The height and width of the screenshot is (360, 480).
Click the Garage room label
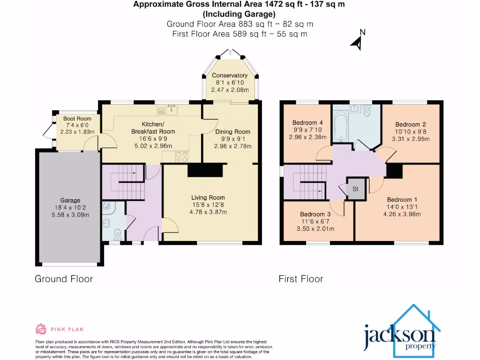pos(70,200)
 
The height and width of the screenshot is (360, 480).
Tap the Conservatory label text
pos(230,75)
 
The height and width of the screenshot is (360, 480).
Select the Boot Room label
pos(77,119)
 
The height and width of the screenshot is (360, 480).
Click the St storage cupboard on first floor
pos(355,189)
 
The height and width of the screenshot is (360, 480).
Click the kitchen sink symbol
pos(169,111)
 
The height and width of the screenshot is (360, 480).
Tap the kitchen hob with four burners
pos(181,157)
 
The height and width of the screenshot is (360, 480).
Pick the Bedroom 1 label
pos(399,200)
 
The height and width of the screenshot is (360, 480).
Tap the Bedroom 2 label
pos(411,124)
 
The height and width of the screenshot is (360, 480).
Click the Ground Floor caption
pos(64,279)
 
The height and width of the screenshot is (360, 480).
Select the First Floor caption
pos(301,279)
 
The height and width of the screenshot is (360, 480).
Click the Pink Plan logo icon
pos(41,329)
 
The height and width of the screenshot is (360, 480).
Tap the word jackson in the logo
pos(393,335)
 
